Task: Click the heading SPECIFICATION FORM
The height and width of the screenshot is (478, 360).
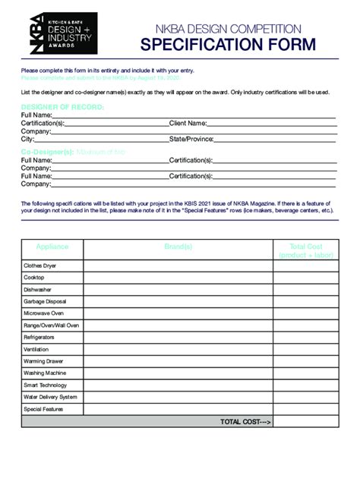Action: [x=227, y=45]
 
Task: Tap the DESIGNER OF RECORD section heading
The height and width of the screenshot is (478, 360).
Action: [x=62, y=107]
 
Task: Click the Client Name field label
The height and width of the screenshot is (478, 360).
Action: [x=188, y=123]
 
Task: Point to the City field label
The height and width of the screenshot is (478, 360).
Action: [x=28, y=140]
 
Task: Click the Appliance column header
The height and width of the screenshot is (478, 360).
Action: [x=52, y=247]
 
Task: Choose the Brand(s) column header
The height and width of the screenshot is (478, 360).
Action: [x=178, y=247]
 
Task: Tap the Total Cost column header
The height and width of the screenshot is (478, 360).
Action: [x=305, y=251]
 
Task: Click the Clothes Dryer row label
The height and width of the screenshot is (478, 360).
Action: [x=39, y=266]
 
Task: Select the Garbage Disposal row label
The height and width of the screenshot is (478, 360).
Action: [x=45, y=301]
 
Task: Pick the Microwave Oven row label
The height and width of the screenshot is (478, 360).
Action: [x=43, y=313]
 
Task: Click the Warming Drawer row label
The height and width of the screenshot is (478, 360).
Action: [x=43, y=361]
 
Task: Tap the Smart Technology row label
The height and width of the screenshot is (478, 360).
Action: [x=46, y=385]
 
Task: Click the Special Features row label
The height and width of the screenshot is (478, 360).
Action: [x=43, y=409]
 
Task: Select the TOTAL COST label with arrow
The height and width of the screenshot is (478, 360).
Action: [x=245, y=421]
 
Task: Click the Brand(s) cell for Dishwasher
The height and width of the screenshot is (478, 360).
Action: [x=178, y=290]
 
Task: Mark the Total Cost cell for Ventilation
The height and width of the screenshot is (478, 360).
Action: [x=305, y=349]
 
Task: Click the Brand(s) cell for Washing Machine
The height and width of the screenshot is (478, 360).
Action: [x=178, y=373]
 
